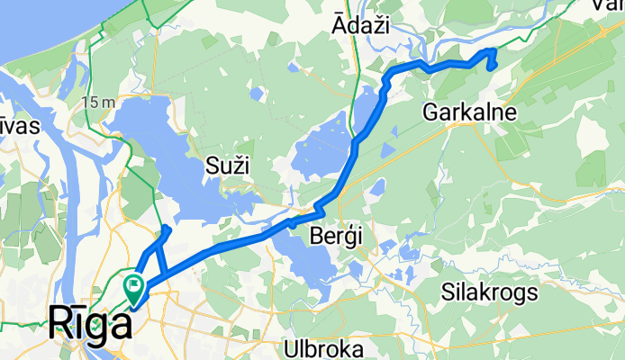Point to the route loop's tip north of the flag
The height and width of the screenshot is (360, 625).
click(168, 230)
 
